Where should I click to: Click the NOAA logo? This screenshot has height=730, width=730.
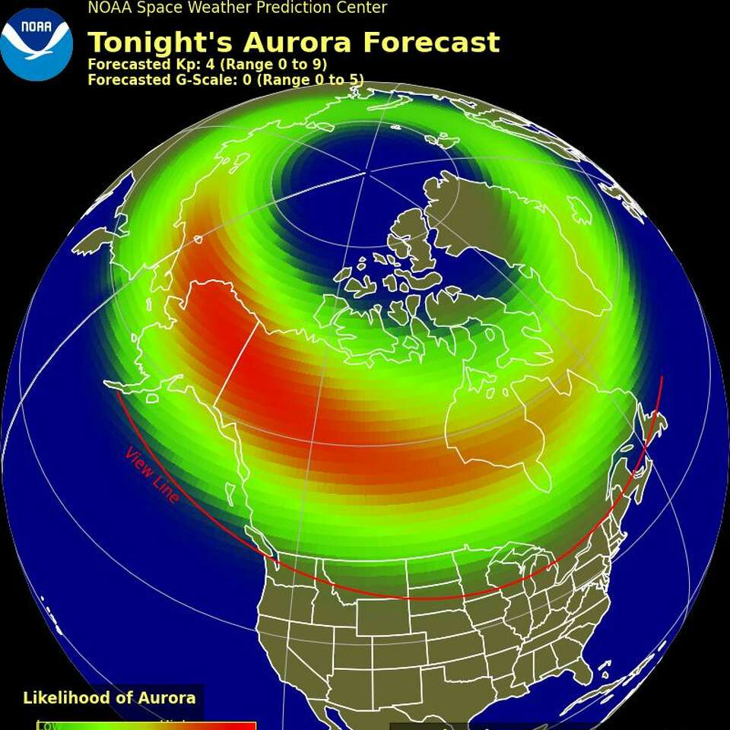point(36,44)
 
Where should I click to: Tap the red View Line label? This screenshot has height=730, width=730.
point(153,475)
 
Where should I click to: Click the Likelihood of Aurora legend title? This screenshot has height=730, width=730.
point(109,698)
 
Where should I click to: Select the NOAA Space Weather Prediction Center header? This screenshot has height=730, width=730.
point(237,8)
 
